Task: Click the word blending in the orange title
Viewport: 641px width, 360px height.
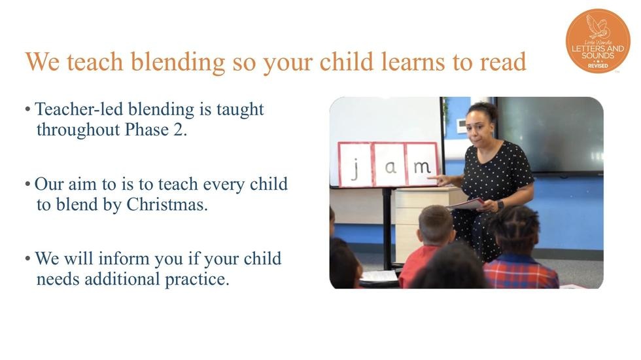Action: click(x=178, y=62)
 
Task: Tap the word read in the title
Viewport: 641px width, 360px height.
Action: click(x=503, y=62)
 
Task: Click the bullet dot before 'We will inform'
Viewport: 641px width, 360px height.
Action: click(x=27, y=259)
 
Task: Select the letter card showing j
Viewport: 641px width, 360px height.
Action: click(x=355, y=164)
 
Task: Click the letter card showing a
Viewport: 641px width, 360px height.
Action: click(x=389, y=164)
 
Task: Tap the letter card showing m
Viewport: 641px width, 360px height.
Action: click(x=421, y=164)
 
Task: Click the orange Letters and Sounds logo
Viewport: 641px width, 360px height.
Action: click(x=598, y=41)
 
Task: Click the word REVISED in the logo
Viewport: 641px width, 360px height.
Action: click(x=598, y=66)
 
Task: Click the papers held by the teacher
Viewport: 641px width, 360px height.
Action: click(x=466, y=204)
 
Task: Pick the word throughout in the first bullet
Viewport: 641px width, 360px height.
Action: click(x=78, y=130)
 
